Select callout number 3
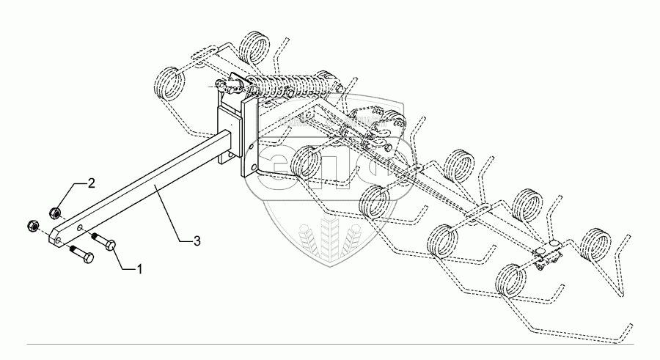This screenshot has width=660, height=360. coord(195,241)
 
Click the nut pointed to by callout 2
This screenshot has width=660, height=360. coord(55,213)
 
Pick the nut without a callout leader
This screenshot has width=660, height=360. coord(32,224)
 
